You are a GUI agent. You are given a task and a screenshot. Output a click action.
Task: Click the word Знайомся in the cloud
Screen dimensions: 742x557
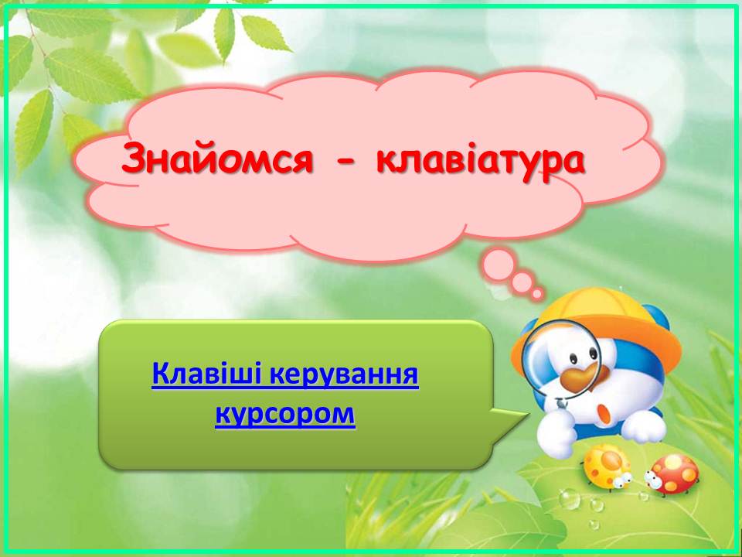(x=217, y=159)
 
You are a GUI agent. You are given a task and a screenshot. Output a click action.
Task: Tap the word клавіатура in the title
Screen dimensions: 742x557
(x=481, y=161)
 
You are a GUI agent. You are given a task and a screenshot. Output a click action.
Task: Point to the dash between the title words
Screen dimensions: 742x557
(x=345, y=161)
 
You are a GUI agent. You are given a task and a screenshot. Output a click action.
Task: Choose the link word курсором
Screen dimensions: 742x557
(x=285, y=415)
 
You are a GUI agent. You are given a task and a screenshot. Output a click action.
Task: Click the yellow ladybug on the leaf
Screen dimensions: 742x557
(x=608, y=466)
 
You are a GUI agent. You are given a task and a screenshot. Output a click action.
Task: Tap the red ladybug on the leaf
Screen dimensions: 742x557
(x=672, y=474)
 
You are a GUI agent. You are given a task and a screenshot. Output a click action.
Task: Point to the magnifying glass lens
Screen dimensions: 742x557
(x=561, y=360)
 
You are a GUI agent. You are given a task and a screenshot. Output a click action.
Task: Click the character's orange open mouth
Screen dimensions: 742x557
(x=604, y=412)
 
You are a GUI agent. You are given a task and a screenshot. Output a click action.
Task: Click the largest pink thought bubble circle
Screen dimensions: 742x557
(x=499, y=265)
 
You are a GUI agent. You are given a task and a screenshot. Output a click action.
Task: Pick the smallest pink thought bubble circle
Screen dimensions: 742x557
(x=536, y=294)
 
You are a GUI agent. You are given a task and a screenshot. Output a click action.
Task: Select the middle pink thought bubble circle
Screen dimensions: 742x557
(x=521, y=282)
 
